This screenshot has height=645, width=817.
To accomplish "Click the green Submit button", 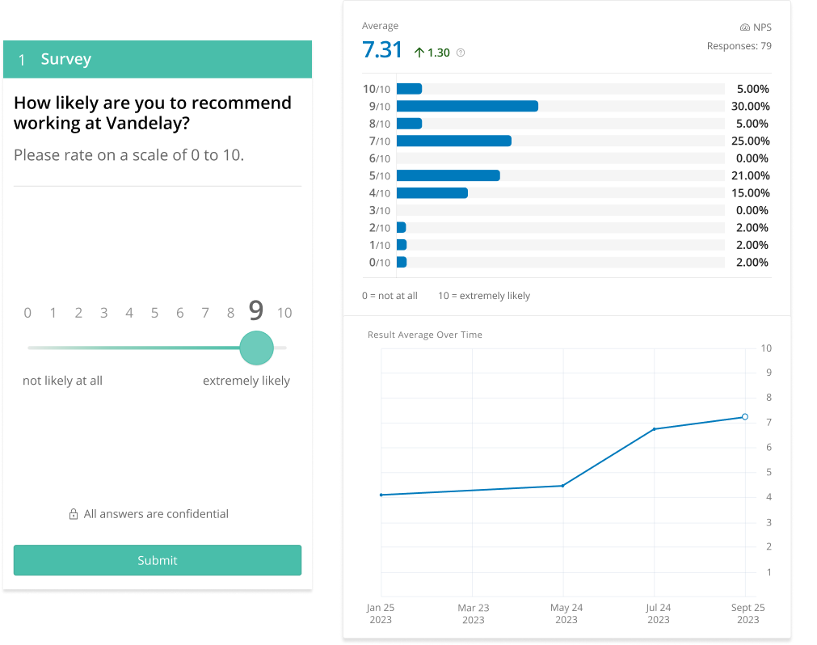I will coord(157,560).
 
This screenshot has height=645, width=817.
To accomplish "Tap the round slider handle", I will coord(256,348).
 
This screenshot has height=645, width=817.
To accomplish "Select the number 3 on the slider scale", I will coord(103,313).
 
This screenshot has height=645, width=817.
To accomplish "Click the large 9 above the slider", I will coord(255,311).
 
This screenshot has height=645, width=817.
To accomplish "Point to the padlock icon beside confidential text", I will coord(74,514).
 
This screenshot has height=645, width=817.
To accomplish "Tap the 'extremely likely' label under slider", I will coord(246,381).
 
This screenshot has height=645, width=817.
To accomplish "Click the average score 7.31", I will coord(382,50).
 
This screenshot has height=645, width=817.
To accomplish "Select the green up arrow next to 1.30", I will coord(419,53).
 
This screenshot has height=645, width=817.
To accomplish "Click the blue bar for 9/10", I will coord(467,106).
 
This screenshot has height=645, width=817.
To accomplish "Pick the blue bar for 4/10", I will coord(432,193).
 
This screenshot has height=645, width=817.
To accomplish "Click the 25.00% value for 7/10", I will coord(752,141).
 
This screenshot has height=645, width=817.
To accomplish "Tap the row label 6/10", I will coord(377,158).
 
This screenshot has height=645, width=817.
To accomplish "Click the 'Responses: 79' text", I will coord(739,46).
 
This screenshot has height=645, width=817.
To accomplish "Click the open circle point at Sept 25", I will coord(745,417).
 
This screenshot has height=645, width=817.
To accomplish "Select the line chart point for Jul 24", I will coord(653,429).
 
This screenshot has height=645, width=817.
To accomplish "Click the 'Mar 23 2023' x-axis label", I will coord(474,613).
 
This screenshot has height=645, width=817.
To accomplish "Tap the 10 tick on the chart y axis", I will coord(766,348).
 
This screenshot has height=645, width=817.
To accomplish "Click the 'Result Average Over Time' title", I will coord(424,335).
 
